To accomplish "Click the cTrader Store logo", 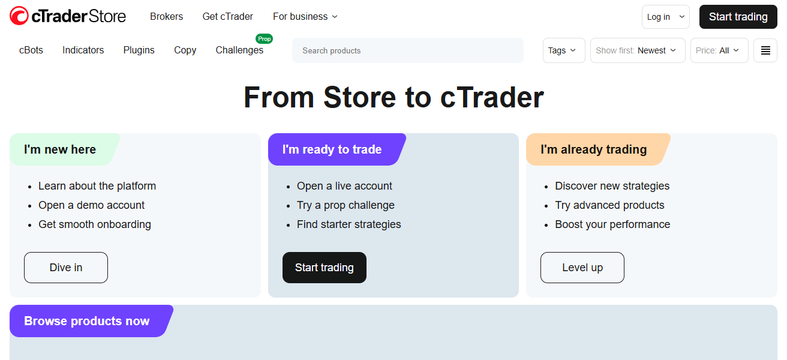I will tap(68, 16).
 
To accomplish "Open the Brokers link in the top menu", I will tap(166, 17).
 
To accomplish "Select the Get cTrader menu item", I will tap(227, 17).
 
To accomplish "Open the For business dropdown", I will tap(305, 17).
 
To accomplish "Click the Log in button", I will tap(665, 17).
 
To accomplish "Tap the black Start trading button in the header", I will tap(738, 17).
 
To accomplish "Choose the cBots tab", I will tap(31, 50).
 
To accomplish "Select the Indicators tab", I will tap(83, 50).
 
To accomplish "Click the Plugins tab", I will tap(139, 50).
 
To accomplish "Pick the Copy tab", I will tap(185, 50).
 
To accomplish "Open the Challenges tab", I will tap(239, 50).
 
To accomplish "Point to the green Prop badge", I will tap(264, 39).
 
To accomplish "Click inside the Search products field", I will tap(408, 50).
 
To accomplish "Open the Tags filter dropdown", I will tap(563, 50).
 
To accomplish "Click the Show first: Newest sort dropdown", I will tap(638, 50).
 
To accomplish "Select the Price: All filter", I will tap(719, 50).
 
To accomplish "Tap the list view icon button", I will tap(765, 50).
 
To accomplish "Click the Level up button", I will tap(582, 268).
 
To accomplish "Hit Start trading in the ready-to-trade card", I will tap(324, 268).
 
